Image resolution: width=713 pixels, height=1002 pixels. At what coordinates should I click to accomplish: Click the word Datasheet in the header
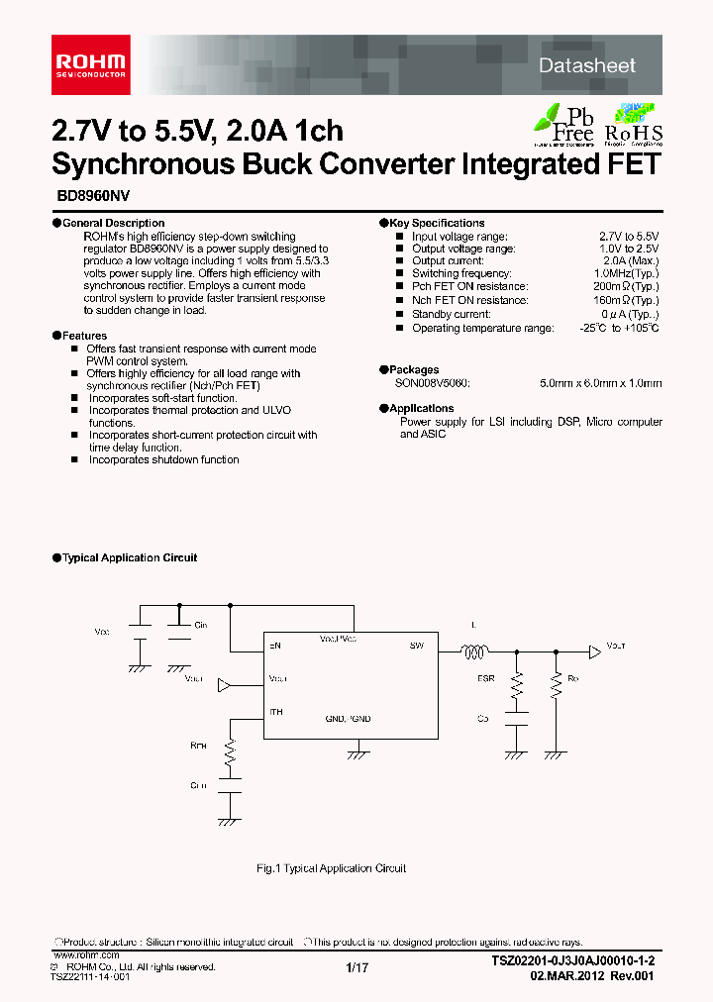click(x=587, y=65)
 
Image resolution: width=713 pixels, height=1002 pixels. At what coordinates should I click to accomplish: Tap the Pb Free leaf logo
click(x=563, y=123)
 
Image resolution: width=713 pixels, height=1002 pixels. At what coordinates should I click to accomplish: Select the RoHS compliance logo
click(x=634, y=124)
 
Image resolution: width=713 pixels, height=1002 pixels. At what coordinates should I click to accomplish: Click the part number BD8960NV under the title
click(x=84, y=197)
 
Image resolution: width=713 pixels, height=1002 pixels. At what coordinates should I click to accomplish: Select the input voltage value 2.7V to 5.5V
click(x=629, y=237)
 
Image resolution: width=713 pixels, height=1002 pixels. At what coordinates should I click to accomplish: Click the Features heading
click(x=84, y=336)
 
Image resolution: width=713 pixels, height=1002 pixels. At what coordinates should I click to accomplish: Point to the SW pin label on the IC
click(x=416, y=646)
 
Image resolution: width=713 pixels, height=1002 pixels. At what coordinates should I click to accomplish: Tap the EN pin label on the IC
click(x=275, y=646)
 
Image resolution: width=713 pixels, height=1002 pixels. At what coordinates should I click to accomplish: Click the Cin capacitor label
click(x=201, y=626)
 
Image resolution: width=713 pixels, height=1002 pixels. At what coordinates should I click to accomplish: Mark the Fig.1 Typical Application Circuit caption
click(x=331, y=868)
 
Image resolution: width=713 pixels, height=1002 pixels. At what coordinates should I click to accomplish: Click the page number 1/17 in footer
click(x=356, y=967)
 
